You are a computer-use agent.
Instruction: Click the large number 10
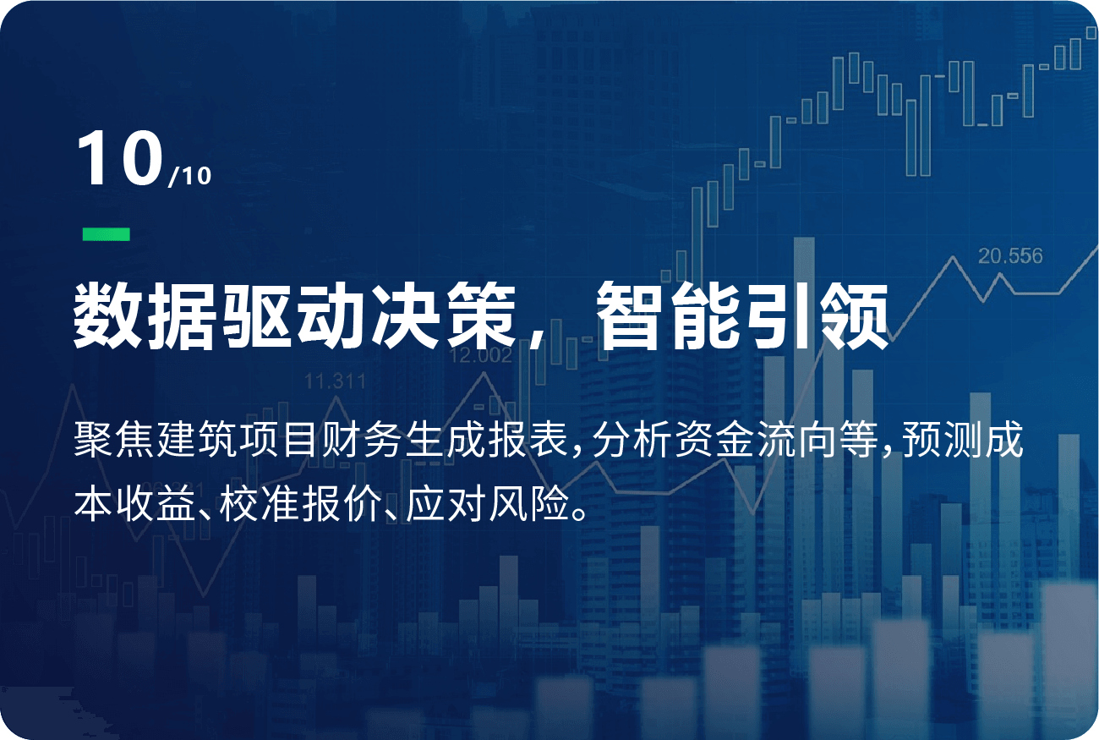120,158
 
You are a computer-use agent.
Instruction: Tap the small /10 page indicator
189,176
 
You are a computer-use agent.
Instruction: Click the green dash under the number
106,234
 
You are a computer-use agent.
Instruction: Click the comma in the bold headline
536,338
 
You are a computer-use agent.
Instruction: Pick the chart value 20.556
1010,255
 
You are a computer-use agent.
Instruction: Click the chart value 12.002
480,355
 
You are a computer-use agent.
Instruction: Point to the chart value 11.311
335,381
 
